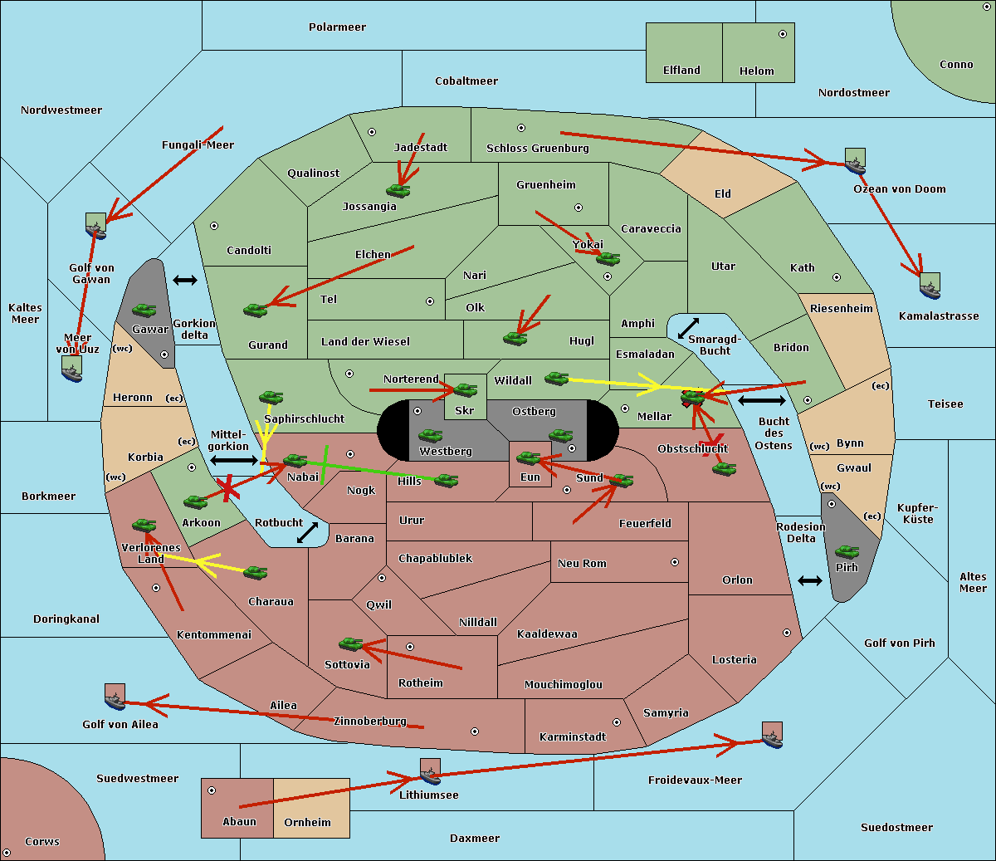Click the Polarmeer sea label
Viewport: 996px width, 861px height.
click(337, 27)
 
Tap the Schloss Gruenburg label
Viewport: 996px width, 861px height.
click(537, 149)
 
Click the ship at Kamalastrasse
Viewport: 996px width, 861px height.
click(930, 286)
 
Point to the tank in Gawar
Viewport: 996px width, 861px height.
click(144, 311)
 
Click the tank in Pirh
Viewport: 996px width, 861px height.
click(847, 552)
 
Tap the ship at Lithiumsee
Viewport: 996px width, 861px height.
click(430, 771)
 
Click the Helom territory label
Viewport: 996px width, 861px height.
click(756, 71)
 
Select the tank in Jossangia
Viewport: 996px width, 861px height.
click(398, 190)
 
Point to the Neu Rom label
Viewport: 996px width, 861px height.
click(582, 564)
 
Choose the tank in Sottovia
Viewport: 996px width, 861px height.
click(350, 643)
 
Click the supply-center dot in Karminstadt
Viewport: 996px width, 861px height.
click(616, 722)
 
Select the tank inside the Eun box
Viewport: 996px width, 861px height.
click(528, 457)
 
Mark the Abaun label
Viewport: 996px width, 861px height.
click(239, 822)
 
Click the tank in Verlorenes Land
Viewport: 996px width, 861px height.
click(144, 525)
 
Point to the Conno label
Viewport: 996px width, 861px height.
click(956, 65)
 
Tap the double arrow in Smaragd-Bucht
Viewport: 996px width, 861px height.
click(689, 328)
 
